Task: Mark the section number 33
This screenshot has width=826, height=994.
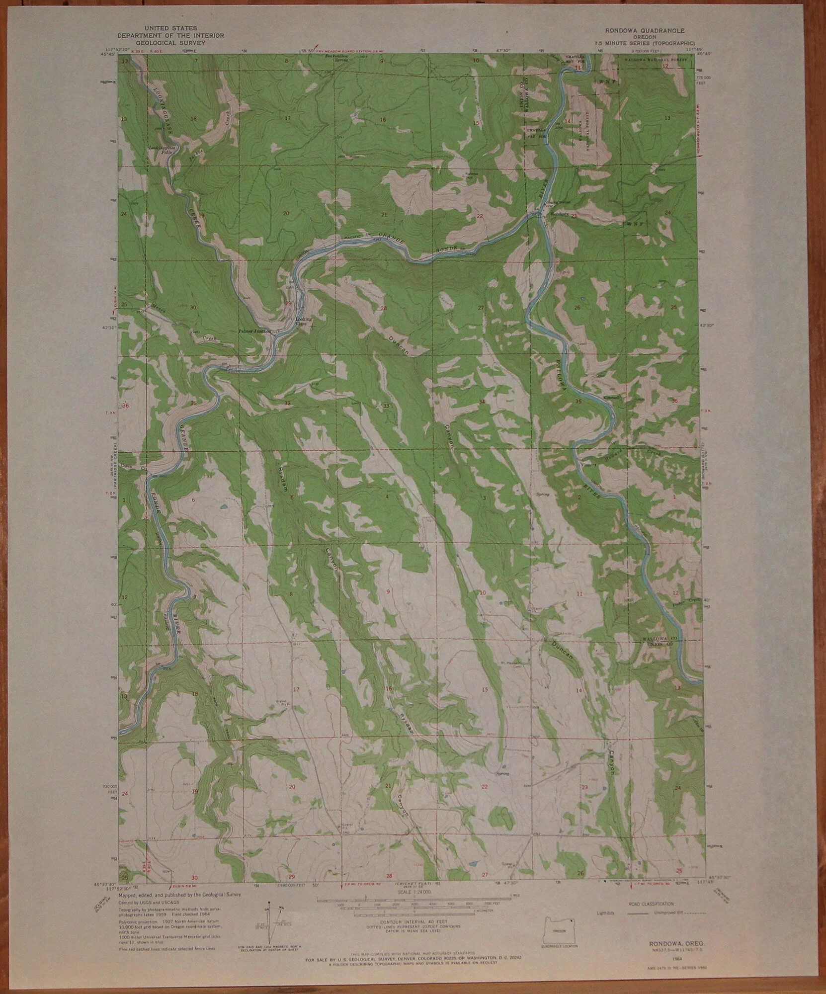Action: click(386, 406)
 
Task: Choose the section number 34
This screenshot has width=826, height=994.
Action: click(481, 401)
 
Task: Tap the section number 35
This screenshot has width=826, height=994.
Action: click(578, 401)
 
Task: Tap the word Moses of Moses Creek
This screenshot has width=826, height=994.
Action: click(159, 306)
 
